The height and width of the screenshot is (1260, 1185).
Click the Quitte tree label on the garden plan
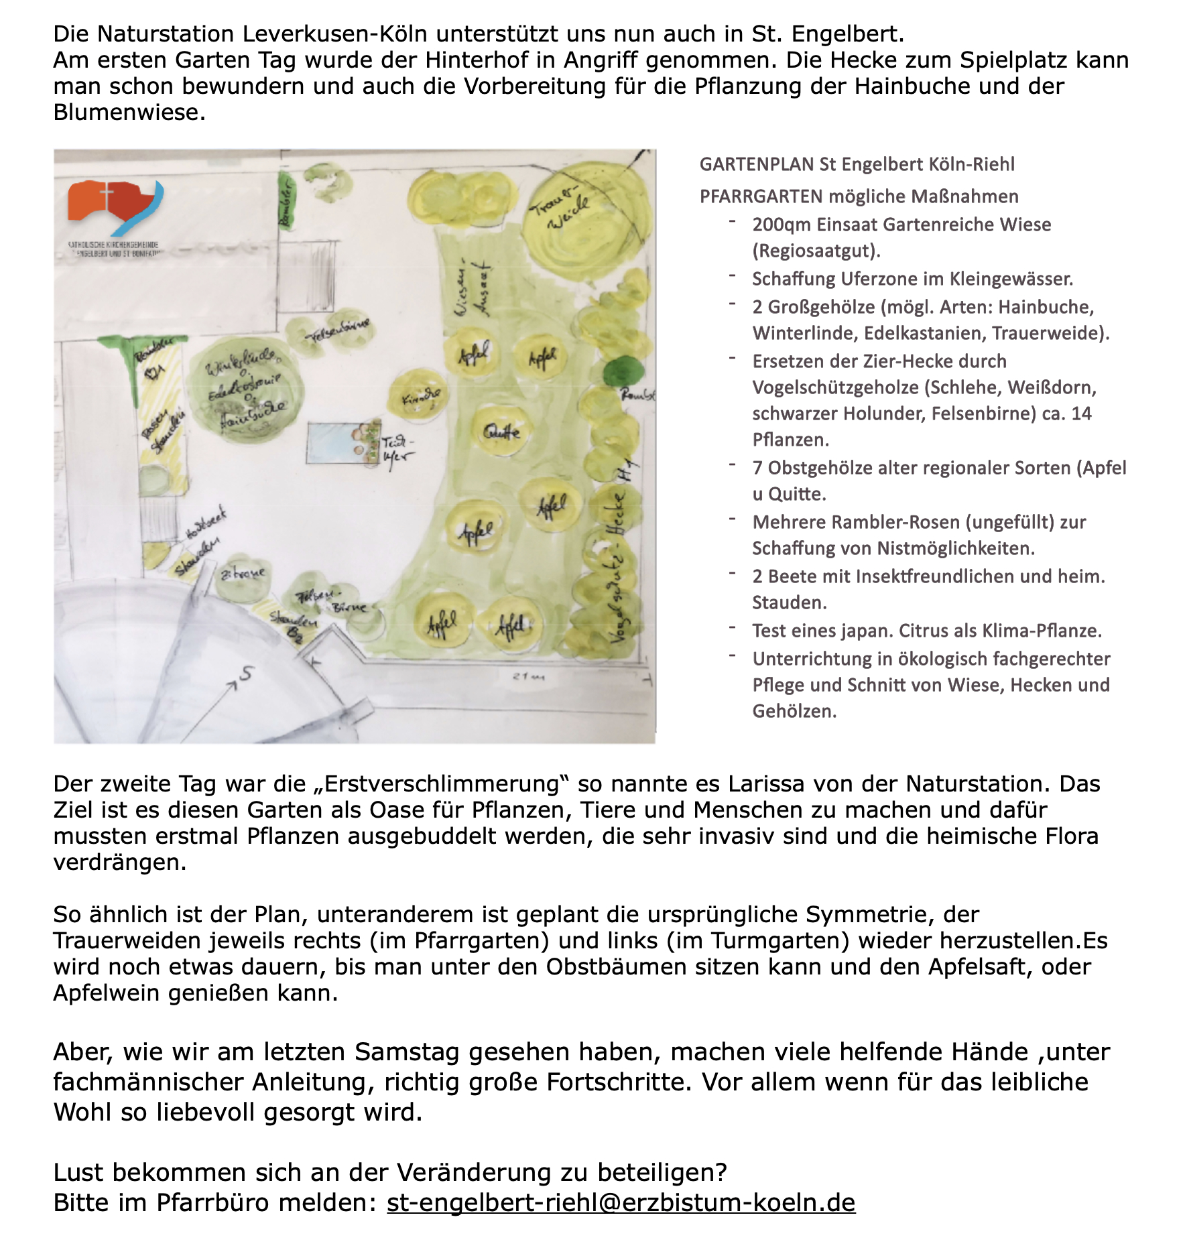coord(501,432)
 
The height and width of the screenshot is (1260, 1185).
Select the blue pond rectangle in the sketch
coord(335,442)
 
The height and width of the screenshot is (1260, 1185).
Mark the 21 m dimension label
coord(529,677)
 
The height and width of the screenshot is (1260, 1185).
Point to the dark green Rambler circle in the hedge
coord(623,372)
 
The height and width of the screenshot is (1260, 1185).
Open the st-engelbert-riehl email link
coord(621,1202)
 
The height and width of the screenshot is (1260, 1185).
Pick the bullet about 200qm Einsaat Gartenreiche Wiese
coord(901,237)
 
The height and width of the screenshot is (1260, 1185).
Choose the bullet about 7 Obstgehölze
coord(938,481)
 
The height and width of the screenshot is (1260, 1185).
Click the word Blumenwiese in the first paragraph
coord(129,112)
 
